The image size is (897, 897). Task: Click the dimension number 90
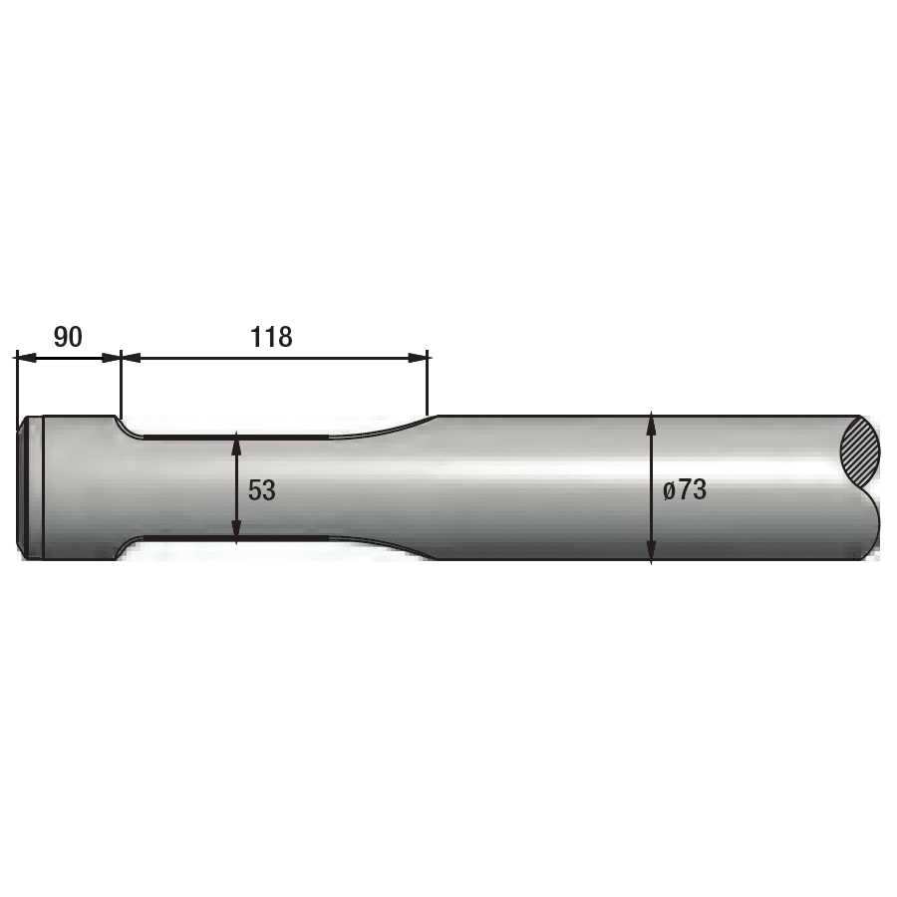(x=68, y=337)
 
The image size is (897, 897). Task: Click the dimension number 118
(x=271, y=337)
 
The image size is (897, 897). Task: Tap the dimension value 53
(x=262, y=490)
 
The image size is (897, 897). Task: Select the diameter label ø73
(x=684, y=490)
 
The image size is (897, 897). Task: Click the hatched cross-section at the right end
(x=861, y=453)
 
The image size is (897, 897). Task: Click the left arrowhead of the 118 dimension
(x=129, y=357)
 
